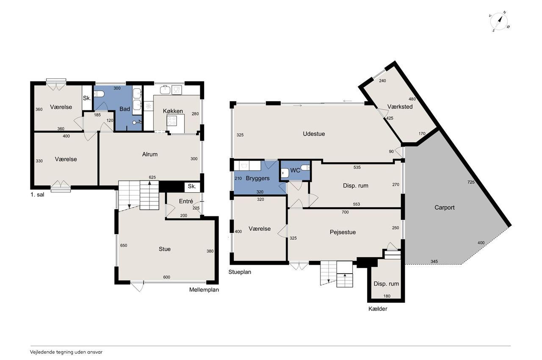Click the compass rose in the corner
(499, 22)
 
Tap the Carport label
(445, 208)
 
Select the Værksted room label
(400, 107)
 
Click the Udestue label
(314, 134)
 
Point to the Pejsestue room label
(343, 232)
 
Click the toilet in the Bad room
(99, 94)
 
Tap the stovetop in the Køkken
(172, 121)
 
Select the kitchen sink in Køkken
(165, 90)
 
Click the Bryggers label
(257, 178)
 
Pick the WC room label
(295, 171)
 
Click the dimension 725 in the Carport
(471, 182)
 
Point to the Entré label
(186, 201)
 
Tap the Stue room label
(165, 249)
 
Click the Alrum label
(150, 154)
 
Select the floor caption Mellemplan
(204, 290)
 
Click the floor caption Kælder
(378, 309)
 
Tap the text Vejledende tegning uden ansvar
(66, 352)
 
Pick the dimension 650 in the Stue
(124, 246)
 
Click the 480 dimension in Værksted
(412, 99)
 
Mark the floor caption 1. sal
(37, 195)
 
